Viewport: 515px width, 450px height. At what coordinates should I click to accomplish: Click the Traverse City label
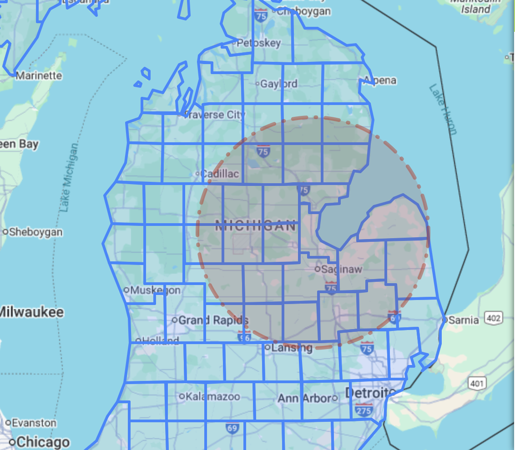pyautogui.click(x=214, y=115)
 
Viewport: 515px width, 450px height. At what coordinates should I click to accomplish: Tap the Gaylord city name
pyautogui.click(x=279, y=84)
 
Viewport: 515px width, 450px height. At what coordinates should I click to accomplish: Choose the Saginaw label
pyautogui.click(x=342, y=269)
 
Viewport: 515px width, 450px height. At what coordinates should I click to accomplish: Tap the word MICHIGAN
pyautogui.click(x=255, y=225)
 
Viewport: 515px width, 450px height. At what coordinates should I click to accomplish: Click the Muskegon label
pyautogui.click(x=156, y=290)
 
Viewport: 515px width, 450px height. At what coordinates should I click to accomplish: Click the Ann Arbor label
pyautogui.click(x=304, y=398)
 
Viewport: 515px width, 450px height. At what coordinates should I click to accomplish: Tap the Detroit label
pyautogui.click(x=367, y=392)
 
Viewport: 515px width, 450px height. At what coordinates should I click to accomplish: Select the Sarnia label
pyautogui.click(x=464, y=320)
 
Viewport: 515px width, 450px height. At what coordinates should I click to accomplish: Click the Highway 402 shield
pyautogui.click(x=493, y=318)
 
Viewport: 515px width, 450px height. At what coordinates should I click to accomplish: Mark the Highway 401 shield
pyautogui.click(x=476, y=384)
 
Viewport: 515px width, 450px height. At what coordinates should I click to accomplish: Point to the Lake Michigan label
pyautogui.click(x=69, y=178)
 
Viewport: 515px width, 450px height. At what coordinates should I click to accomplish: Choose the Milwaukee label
pyautogui.click(x=32, y=312)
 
